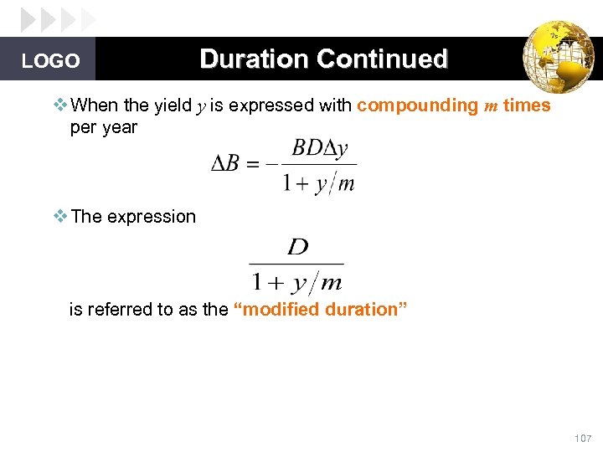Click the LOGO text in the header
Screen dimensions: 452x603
[51, 61]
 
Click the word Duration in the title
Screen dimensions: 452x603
[254, 59]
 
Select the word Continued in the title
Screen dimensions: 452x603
[382, 59]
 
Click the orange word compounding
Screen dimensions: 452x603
[416, 105]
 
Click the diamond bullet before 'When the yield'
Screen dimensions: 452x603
[59, 105]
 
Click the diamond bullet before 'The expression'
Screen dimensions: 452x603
[59, 216]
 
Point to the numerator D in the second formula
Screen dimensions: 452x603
[297, 247]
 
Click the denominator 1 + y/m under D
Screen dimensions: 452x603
[297, 277]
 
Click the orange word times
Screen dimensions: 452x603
[527, 105]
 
